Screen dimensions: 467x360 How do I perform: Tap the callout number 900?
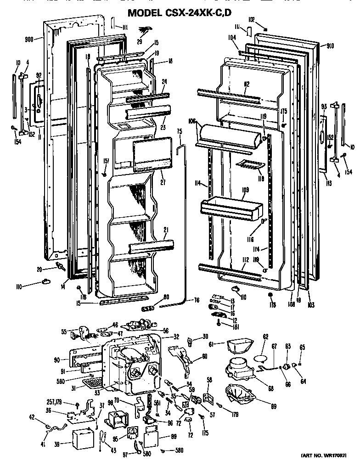30,39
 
